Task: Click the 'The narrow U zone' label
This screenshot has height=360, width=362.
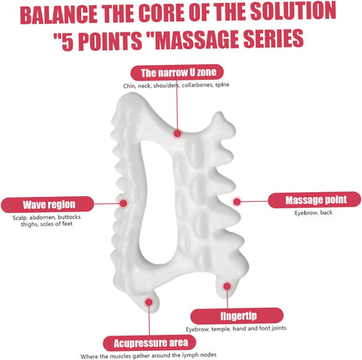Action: click(x=177, y=72)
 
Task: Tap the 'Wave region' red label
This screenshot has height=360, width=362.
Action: click(x=47, y=204)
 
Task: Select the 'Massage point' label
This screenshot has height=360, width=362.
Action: click(x=315, y=200)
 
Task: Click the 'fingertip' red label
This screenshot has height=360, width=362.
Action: click(x=237, y=316)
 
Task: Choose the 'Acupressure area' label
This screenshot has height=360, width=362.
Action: click(x=149, y=343)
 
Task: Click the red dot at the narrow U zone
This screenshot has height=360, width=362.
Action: click(x=177, y=134)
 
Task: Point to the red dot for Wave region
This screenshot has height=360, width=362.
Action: click(x=123, y=203)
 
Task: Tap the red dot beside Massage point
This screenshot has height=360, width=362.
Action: click(x=236, y=202)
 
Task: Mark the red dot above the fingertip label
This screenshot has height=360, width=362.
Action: click(x=227, y=286)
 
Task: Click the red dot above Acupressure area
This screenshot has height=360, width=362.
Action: click(x=148, y=302)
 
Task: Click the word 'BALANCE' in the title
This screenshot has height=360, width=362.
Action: click(x=59, y=15)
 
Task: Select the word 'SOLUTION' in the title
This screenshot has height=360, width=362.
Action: click(x=293, y=11)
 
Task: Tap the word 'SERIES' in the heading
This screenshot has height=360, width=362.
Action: click(x=273, y=38)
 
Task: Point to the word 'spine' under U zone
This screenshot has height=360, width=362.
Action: click(x=222, y=85)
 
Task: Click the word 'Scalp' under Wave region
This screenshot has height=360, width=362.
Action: click(x=20, y=218)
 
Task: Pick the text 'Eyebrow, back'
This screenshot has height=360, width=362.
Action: click(x=313, y=212)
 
